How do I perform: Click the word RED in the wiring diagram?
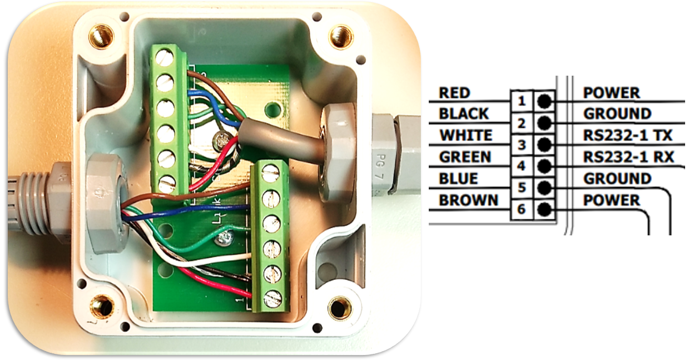coord(454,92)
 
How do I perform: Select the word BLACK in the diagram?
coord(464,114)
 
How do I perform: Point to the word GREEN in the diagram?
coord(465,157)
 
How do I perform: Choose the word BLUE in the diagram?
coord(458,178)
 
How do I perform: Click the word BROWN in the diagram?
coord(469,200)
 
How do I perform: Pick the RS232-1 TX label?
coord(628,135)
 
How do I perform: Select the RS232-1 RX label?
coord(628,157)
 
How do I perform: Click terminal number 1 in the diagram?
coord(521,101)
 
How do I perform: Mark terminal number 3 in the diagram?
coord(521,145)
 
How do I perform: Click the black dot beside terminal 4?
coord(545,166)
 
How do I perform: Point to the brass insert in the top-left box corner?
coord(101,37)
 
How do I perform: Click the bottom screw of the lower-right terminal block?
coord(272,299)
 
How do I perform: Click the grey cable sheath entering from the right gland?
coord(278,142)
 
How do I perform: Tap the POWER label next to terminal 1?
coord(611,92)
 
